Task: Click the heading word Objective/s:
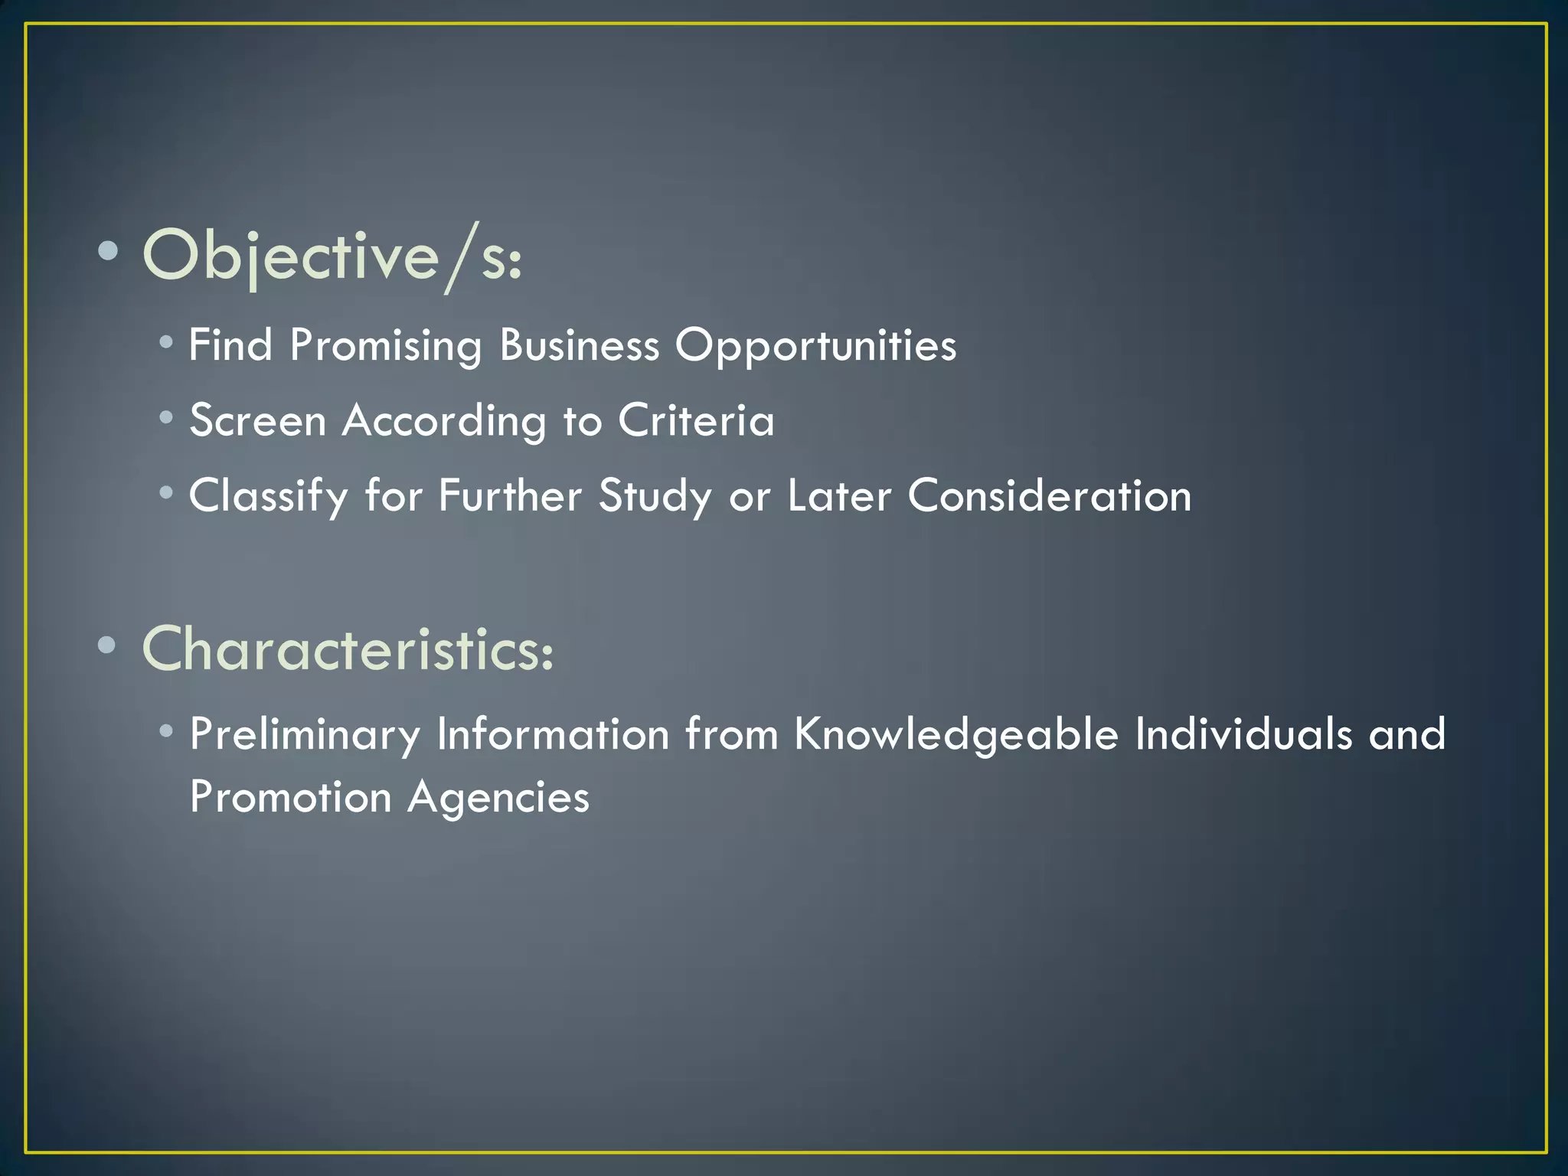[x=332, y=256]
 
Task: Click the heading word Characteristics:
[x=348, y=649]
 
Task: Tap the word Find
[x=230, y=345]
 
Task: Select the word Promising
[x=385, y=346]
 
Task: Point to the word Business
[x=579, y=345]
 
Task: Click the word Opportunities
[x=815, y=346]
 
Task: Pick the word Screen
[x=258, y=420]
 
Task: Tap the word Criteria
[x=696, y=420]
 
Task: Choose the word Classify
[x=269, y=496]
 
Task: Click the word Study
[x=655, y=496]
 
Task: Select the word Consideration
[x=1050, y=495]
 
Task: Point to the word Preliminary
[x=305, y=734]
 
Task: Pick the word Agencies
[x=498, y=798]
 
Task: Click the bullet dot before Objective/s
[x=108, y=250]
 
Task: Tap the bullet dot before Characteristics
[x=108, y=645]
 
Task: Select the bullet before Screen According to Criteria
[x=166, y=417]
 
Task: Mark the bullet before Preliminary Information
[x=166, y=731]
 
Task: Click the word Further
[x=510, y=495]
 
